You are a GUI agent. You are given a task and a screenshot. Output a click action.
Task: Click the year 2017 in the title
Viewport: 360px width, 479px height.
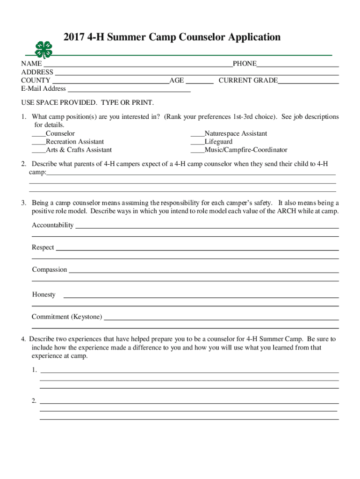click(x=71, y=37)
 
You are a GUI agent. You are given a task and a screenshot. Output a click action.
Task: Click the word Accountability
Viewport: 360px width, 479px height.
click(x=52, y=225)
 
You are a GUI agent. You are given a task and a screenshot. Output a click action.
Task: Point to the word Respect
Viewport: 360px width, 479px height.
click(x=43, y=247)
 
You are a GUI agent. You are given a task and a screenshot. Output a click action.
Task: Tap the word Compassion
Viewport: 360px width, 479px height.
click(x=50, y=270)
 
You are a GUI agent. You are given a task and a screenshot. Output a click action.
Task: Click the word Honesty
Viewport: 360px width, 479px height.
click(x=44, y=295)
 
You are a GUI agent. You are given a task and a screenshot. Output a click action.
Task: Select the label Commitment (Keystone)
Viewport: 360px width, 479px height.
click(x=67, y=317)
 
